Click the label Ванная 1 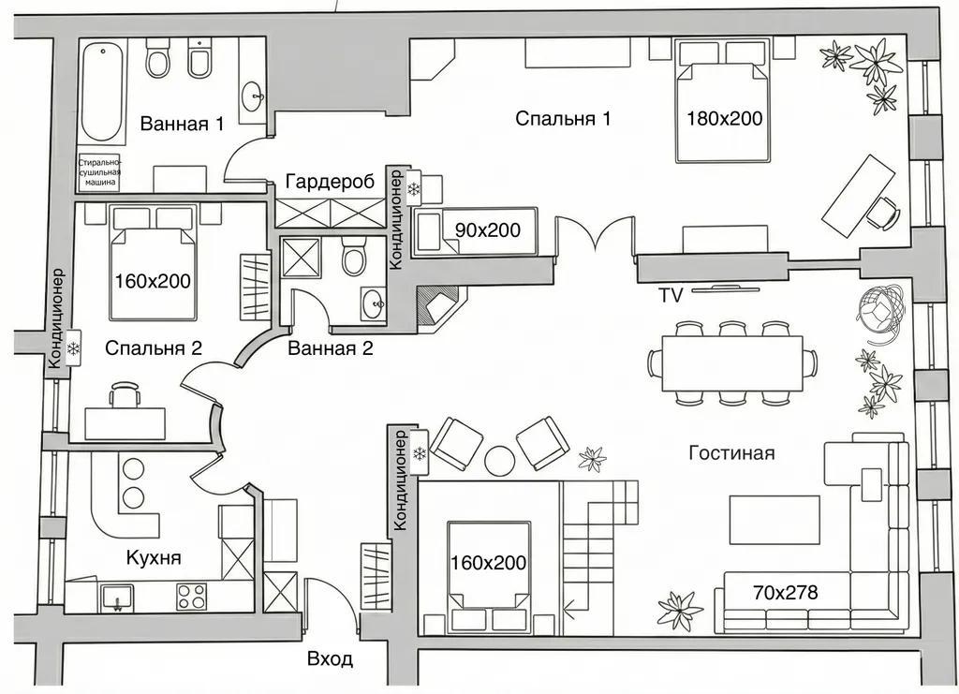(x=182, y=125)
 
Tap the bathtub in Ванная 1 (x=103, y=92)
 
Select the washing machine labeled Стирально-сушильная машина (x=99, y=172)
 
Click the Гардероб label (x=330, y=183)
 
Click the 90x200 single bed (x=475, y=230)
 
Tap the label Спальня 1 (x=563, y=118)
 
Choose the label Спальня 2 (x=154, y=347)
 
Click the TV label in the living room (x=671, y=296)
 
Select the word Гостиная (x=731, y=453)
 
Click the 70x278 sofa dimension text (x=786, y=593)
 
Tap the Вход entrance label (x=330, y=659)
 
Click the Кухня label (x=154, y=557)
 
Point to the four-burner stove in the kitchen (x=191, y=598)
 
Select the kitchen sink (x=117, y=597)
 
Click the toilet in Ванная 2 (x=354, y=255)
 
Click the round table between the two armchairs (x=500, y=461)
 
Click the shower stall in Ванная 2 (x=301, y=258)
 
